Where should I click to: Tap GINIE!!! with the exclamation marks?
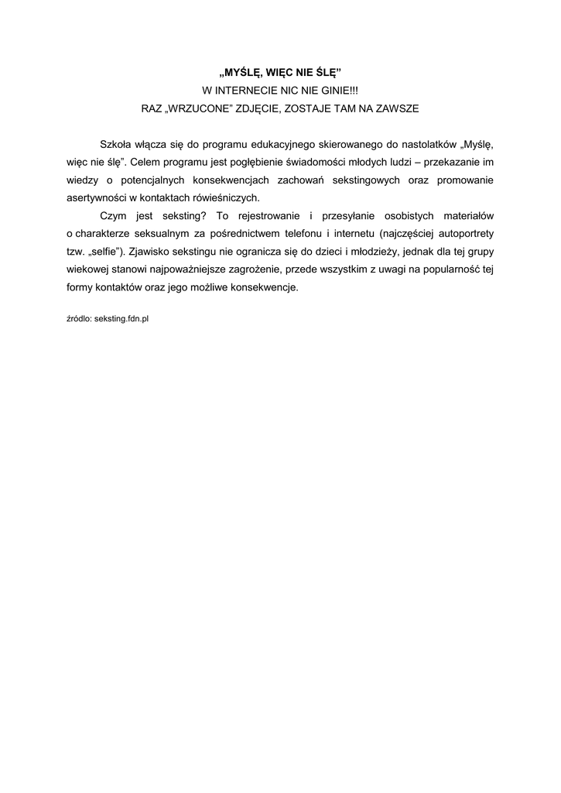[x=341, y=91]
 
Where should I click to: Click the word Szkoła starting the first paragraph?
[x=116, y=145]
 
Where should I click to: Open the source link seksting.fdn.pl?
[x=121, y=318]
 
